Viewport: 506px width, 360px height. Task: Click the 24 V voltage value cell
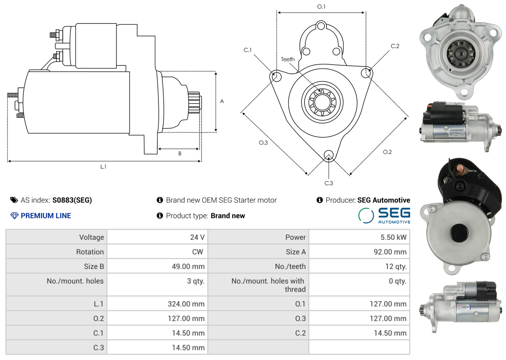pos(197,237)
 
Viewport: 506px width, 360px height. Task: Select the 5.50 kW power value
pos(393,237)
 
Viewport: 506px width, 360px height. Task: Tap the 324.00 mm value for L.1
pos(186,304)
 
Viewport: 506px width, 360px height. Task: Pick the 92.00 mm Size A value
pos(390,252)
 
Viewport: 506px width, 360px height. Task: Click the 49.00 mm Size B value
pos(188,266)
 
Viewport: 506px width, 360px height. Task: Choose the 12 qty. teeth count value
pos(396,266)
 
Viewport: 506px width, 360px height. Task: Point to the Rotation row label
pos(90,252)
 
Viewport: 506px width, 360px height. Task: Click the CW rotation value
pos(197,252)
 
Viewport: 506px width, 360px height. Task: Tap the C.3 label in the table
pos(98,347)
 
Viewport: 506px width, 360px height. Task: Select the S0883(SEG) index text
pos(72,200)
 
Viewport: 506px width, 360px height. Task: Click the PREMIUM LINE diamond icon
pos(14,216)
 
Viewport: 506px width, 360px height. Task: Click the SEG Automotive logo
pos(384,215)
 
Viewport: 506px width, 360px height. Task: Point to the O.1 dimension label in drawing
pos(321,7)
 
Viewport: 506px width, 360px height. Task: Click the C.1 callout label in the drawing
pos(248,50)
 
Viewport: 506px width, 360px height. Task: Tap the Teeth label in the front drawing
pos(288,59)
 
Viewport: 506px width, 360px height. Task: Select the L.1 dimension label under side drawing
pos(103,167)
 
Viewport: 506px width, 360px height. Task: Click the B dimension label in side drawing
pos(180,154)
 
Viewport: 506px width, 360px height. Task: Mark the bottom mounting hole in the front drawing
pos(329,155)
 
